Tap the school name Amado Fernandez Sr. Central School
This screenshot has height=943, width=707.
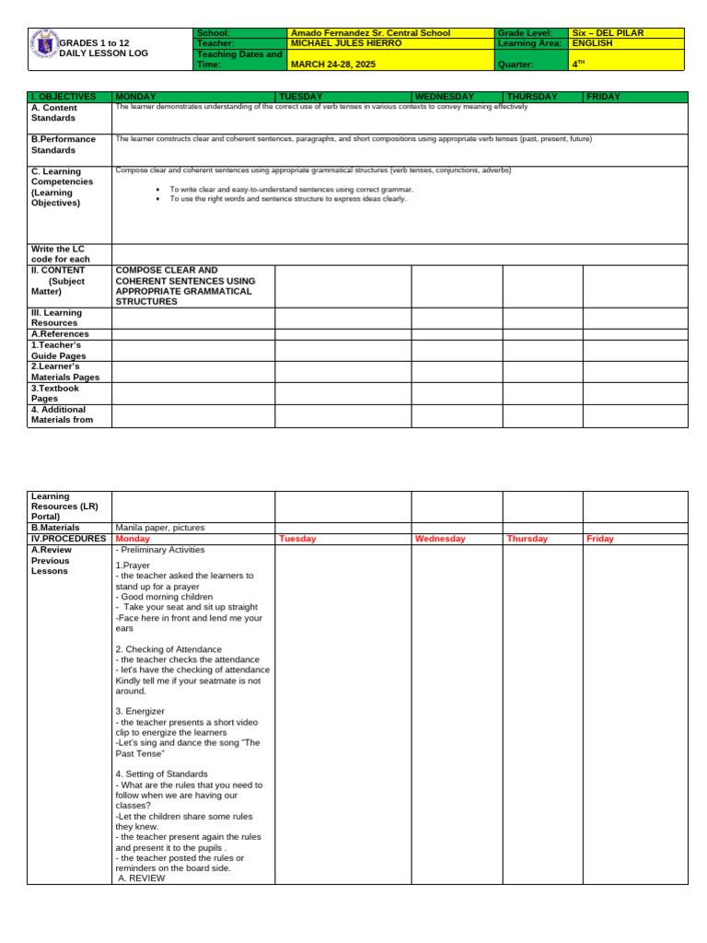point(370,33)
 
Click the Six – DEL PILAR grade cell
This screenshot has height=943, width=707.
point(608,33)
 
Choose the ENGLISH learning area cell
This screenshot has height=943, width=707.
point(592,43)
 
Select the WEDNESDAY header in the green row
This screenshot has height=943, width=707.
point(445,97)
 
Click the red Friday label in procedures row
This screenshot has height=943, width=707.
point(599,539)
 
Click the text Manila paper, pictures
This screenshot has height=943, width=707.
point(160,528)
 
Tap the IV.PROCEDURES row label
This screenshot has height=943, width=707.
point(68,539)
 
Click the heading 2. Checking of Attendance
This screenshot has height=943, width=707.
point(168,649)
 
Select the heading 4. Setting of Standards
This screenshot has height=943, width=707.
point(162,774)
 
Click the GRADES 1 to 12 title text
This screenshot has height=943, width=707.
point(94,43)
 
